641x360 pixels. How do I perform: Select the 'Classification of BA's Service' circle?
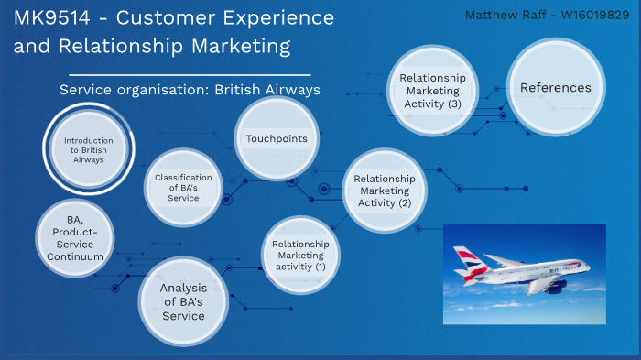pos(183,187)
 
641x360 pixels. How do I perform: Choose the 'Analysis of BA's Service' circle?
pos(183,301)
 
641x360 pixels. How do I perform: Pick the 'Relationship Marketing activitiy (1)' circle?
pos(300,256)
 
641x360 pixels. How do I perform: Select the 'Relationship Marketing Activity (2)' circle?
pos(384,191)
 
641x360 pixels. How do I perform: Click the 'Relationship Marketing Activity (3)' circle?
pos(432,91)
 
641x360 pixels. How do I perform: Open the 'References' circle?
pos(555,88)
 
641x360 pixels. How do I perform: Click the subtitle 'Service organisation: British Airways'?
pos(190,90)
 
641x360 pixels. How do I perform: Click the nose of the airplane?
pos(587,268)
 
